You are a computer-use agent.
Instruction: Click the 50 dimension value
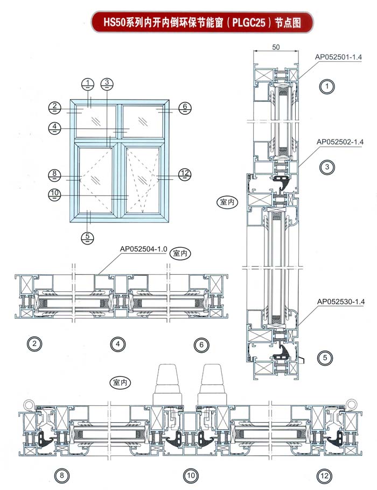276,47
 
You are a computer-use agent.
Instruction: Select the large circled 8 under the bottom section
61,475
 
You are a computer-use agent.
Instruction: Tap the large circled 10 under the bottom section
191,475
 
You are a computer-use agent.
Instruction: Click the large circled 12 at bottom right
324,475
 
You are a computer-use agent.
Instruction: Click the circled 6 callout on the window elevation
184,107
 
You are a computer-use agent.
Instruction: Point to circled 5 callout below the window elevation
88,236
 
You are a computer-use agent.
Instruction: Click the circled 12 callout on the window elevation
185,173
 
